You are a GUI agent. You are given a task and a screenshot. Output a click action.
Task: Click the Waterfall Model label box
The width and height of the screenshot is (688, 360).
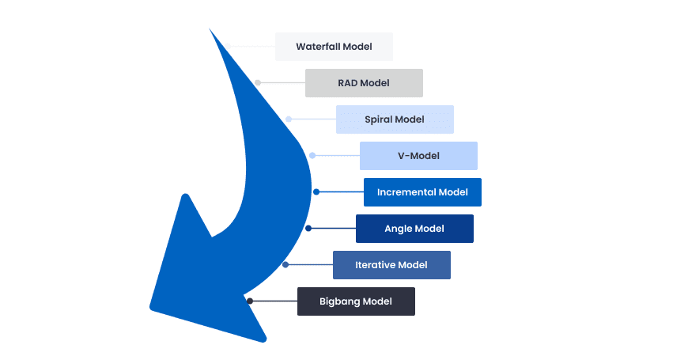pyautogui.click(x=334, y=47)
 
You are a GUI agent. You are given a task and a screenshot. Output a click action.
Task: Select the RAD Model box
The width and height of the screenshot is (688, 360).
pyautogui.click(x=364, y=83)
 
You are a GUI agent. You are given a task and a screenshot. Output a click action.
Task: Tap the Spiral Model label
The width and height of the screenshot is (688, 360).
pyautogui.click(x=395, y=119)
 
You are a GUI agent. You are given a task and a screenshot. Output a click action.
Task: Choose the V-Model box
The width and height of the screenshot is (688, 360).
pyautogui.click(x=418, y=156)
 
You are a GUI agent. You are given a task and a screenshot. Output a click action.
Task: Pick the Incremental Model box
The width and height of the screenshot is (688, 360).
pyautogui.click(x=422, y=192)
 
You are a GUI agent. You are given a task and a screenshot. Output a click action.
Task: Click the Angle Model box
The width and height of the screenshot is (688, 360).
pyautogui.click(x=414, y=229)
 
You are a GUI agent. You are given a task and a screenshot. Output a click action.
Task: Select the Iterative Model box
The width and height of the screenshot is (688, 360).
pyautogui.click(x=391, y=265)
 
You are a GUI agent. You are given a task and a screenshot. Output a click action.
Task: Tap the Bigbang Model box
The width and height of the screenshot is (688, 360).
pyautogui.click(x=356, y=301)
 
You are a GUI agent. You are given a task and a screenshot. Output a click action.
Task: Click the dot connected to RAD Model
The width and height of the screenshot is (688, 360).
pyautogui.click(x=258, y=82)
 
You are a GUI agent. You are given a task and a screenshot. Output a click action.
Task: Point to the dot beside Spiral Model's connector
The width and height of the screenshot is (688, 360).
pyautogui.click(x=289, y=119)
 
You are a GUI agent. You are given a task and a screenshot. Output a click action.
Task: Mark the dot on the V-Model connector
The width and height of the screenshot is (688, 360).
pyautogui.click(x=312, y=156)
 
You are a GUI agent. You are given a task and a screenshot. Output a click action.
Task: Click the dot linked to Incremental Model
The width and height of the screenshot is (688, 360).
pyautogui.click(x=316, y=191)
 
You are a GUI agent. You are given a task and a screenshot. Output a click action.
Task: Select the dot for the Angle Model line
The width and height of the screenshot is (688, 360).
pyautogui.click(x=308, y=228)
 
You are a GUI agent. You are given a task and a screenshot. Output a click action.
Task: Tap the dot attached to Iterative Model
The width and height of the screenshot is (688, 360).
pyautogui.click(x=285, y=264)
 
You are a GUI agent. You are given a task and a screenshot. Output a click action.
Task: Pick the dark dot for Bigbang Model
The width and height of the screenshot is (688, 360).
pyautogui.click(x=249, y=301)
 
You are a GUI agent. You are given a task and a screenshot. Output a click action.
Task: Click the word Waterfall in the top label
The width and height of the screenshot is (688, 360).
pyautogui.click(x=319, y=47)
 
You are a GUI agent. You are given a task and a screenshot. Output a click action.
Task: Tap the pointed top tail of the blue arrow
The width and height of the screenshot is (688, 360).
pyautogui.click(x=211, y=32)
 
